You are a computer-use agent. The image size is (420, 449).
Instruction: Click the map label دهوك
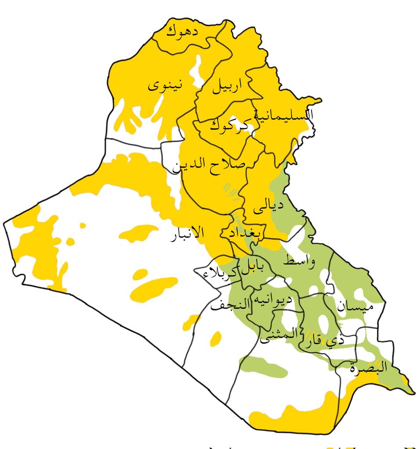[x=182, y=31]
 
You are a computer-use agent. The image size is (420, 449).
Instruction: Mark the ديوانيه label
[x=269, y=301]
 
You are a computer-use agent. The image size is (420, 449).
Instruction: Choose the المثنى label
[x=279, y=335]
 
